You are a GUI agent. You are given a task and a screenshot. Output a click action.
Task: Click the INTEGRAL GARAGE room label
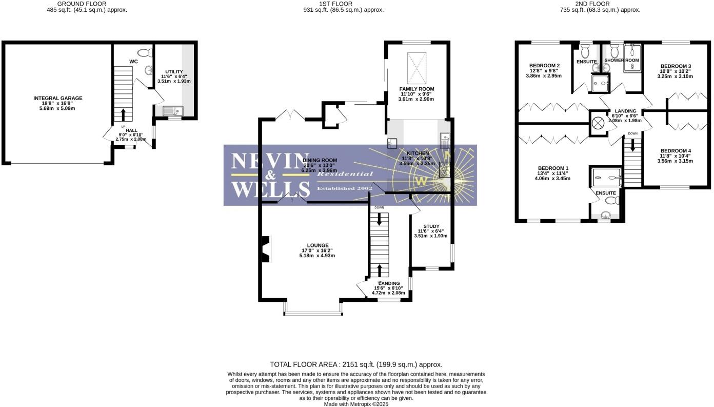click(57, 98)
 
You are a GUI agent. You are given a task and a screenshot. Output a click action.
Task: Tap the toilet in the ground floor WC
click(145, 52)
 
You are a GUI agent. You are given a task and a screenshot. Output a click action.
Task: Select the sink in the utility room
click(172, 110)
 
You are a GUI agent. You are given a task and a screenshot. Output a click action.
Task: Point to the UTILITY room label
click(174, 72)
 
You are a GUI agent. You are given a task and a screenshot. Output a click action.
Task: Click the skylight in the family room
click(417, 68)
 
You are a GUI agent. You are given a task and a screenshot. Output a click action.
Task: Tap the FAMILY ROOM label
click(417, 89)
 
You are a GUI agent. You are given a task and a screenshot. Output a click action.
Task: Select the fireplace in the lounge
click(266, 249)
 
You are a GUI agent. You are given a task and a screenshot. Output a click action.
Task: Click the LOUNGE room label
click(318, 245)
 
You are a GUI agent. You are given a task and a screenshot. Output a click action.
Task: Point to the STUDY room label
click(431, 226)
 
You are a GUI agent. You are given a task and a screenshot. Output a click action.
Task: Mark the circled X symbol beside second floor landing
click(598, 123)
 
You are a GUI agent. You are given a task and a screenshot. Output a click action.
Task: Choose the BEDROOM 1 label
click(553, 168)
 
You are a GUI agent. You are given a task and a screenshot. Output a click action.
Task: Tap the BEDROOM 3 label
click(676, 66)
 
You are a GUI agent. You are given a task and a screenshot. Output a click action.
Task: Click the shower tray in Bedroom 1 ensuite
click(607, 178)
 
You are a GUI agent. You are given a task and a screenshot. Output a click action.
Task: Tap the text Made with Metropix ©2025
click(356, 404)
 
